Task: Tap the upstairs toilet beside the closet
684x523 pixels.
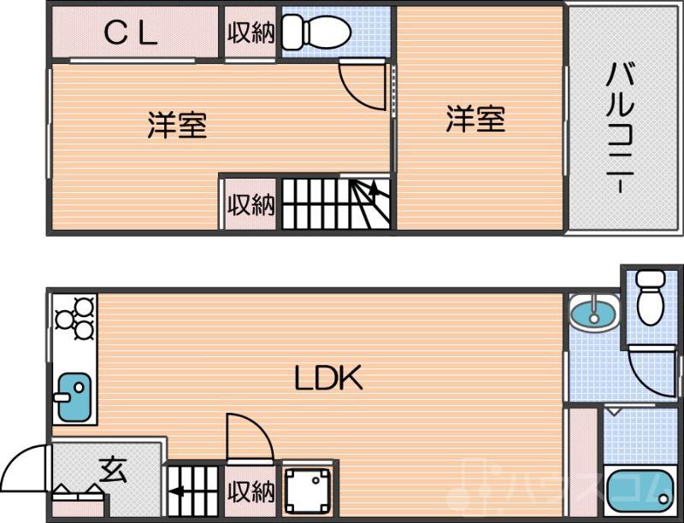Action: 318,32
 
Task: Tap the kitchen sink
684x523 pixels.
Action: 72,397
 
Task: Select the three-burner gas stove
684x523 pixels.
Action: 74,318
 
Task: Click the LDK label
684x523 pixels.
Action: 330,377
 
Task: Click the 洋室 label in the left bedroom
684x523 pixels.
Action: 177,125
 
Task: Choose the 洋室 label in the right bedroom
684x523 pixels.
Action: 475,118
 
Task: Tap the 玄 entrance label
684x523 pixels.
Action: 113,469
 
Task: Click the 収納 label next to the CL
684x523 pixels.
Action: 251,32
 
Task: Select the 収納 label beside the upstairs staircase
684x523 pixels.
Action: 251,205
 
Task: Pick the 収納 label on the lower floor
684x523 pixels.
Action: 251,492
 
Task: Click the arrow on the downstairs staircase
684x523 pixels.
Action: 178,491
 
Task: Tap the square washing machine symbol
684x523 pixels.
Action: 305,490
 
